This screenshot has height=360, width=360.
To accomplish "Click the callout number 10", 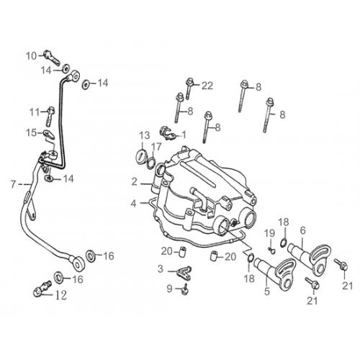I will click(30, 55).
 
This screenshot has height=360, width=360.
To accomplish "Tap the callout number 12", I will click(60, 294).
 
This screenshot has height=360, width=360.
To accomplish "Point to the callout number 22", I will click(207, 86).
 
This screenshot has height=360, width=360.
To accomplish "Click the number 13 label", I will click(144, 135).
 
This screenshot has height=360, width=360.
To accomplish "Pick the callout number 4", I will click(133, 204).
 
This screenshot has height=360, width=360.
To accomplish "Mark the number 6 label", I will click(303, 230).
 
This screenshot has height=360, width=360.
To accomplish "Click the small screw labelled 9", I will click(185, 288).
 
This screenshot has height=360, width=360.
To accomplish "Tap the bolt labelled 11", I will click(52, 112).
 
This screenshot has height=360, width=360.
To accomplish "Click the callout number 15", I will click(32, 132).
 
